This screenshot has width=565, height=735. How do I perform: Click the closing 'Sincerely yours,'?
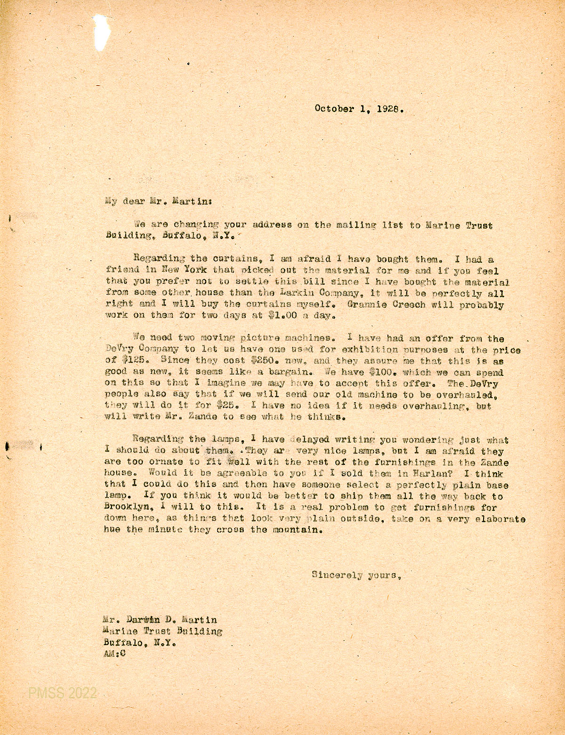click(356, 575)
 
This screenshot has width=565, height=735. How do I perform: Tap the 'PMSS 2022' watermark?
click(62, 693)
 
